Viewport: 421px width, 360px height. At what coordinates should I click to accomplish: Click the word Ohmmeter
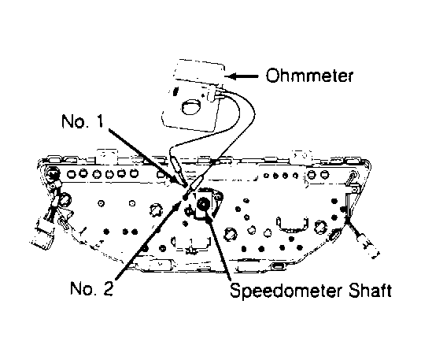309,76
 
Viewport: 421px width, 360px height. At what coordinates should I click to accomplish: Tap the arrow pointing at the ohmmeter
242,76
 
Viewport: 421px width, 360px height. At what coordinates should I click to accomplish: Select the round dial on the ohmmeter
191,106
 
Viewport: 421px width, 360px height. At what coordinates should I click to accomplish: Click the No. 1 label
82,121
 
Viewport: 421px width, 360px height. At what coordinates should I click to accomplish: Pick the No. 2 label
91,288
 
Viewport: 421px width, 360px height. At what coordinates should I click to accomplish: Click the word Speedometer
286,291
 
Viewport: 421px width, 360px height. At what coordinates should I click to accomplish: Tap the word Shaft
370,291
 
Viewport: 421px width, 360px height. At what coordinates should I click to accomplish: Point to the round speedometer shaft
203,205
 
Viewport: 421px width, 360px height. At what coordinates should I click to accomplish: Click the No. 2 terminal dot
185,198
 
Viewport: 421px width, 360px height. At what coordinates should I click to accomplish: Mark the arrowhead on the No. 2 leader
175,206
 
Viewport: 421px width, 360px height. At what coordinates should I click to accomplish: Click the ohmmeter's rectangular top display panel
198,71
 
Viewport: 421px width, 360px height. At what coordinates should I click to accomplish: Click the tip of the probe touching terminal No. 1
186,185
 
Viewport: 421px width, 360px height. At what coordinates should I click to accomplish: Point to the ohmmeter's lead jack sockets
215,96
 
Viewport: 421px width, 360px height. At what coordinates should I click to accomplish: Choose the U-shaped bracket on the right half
292,225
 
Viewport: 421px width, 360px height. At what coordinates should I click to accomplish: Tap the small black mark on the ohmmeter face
175,91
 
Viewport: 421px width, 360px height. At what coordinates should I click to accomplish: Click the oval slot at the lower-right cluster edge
334,236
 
